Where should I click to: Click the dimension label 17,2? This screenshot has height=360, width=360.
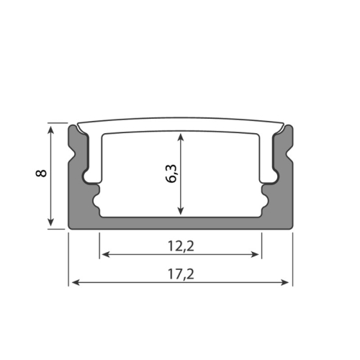pyautogui.click(x=180, y=274)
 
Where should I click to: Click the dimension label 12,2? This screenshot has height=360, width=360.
pyautogui.click(x=180, y=245)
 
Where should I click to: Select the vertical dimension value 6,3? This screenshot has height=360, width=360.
pyautogui.click(x=171, y=175)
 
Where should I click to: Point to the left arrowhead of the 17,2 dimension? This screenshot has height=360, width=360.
pyautogui.click(x=72, y=282)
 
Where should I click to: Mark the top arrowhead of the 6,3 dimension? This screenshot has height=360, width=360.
pyautogui.click(x=180, y=137)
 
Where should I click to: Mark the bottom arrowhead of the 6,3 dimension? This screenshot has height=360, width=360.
pyautogui.click(x=180, y=212)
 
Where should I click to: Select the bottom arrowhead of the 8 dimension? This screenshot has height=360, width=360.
pyautogui.click(x=51, y=225)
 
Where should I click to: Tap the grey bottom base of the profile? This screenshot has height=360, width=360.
pyautogui.click(x=180, y=223)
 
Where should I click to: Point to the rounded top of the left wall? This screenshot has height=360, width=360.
pyautogui.click(x=73, y=128)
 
